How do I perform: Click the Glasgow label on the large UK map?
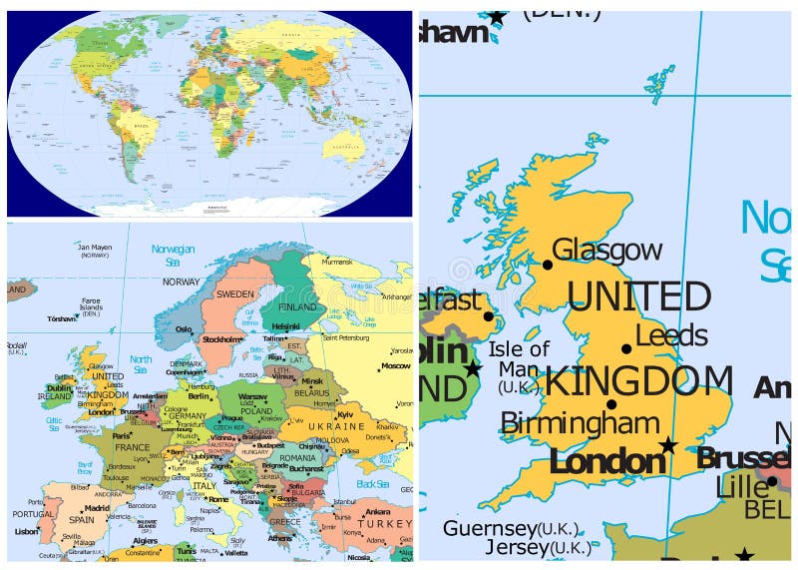tap(606, 250)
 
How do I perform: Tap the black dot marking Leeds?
tap(626, 348)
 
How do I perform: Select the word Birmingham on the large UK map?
tap(580, 423)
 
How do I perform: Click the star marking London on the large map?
tap(668, 445)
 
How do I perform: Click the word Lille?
tap(742, 487)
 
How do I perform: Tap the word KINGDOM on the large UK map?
tap(638, 382)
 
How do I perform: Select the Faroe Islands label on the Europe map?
tap(91, 304)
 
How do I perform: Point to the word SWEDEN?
tap(235, 294)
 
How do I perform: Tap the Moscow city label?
tap(395, 366)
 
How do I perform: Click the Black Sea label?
tap(372, 483)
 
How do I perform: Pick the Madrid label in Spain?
tap(97, 507)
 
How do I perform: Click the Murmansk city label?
tap(338, 262)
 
